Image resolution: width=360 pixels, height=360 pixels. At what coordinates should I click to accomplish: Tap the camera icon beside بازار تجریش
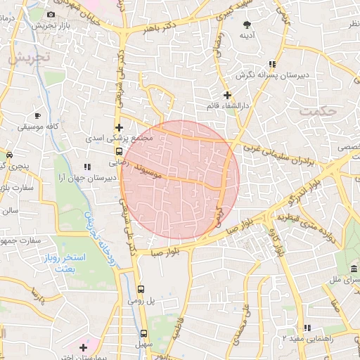point(51,14)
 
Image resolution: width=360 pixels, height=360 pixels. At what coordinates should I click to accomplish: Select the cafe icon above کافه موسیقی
point(37,115)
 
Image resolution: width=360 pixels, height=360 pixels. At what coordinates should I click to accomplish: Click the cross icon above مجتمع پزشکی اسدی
point(119,128)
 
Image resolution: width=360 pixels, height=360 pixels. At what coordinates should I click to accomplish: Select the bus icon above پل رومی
point(141,289)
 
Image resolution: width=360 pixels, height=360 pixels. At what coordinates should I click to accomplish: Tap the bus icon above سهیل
point(143,334)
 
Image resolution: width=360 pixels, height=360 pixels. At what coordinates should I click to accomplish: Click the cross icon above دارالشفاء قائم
point(226,94)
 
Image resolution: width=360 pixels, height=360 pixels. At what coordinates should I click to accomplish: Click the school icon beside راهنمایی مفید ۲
point(307,328)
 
